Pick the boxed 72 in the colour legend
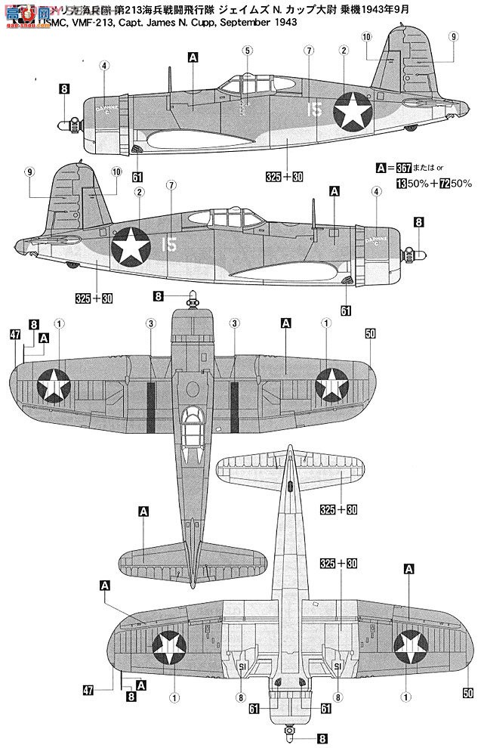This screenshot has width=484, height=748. (x=433, y=183)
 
